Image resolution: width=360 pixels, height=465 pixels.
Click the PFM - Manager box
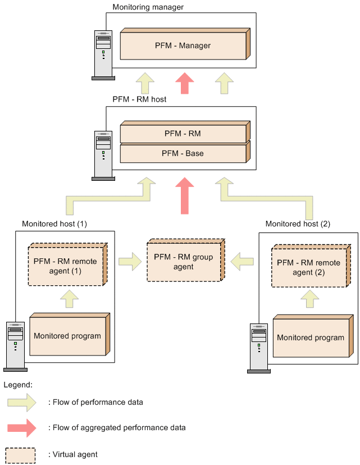click(185, 44)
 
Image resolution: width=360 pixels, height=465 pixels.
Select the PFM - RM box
click(185, 132)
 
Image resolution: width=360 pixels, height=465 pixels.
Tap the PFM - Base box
click(185, 152)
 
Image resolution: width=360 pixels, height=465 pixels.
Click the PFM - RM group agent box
click(186, 260)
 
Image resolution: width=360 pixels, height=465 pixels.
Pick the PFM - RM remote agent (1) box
click(67, 265)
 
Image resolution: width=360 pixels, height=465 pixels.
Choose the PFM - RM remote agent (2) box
click(311, 266)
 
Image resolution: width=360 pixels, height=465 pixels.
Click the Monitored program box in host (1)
click(70, 334)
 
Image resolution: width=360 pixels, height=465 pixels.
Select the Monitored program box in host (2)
click(313, 336)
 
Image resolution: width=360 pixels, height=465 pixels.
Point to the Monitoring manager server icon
click(103, 55)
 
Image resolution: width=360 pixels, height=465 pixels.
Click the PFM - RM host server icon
click(103, 156)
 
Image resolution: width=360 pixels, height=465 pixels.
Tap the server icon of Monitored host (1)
click(15, 347)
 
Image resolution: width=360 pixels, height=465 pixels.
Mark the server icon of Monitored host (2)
click(259, 348)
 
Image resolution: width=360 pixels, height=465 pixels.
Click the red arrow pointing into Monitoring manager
click(185, 83)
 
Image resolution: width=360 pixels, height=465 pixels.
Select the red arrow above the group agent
click(185, 196)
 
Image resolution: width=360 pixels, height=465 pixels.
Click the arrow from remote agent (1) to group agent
click(130, 262)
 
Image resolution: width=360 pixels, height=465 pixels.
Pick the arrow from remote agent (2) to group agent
click(242, 262)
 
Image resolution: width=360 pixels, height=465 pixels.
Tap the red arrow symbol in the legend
click(22, 428)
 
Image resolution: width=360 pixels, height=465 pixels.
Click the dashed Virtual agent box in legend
click(20, 455)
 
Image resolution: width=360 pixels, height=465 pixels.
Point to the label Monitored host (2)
click(298, 224)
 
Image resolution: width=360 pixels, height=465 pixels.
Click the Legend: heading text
click(18, 385)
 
